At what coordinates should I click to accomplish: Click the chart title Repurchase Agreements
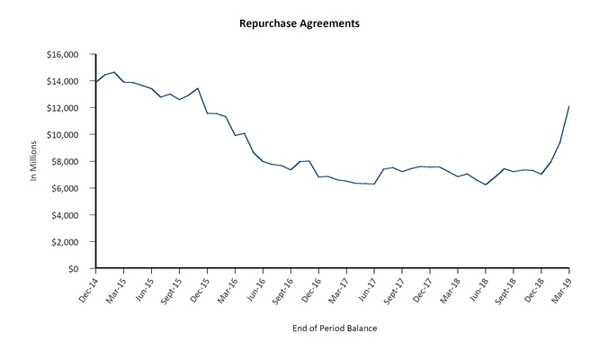pyautogui.click(x=299, y=22)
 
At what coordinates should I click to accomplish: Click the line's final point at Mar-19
pyautogui.click(x=569, y=106)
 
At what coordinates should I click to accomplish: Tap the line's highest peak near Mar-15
pyautogui.click(x=114, y=72)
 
